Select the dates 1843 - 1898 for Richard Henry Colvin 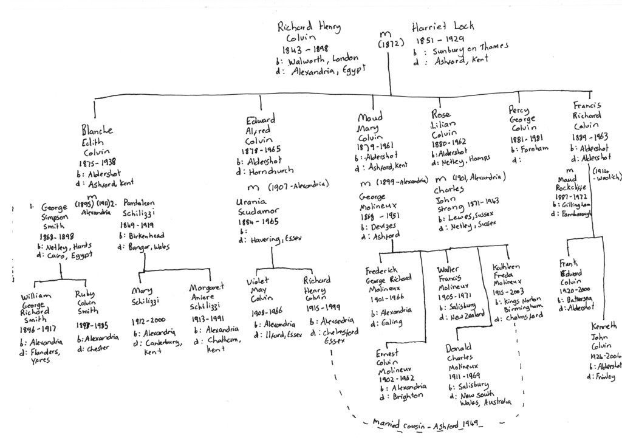[304, 49]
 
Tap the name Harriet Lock [443, 27]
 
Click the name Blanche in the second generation [97, 130]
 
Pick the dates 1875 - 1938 [97, 163]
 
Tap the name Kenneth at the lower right [604, 326]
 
